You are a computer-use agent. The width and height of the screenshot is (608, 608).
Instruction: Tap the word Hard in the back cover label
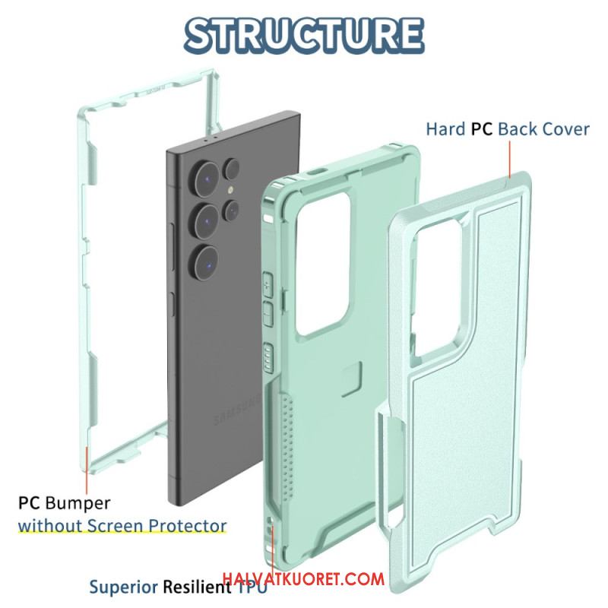(445, 129)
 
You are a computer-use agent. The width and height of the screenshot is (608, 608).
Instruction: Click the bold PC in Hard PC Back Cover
(482, 129)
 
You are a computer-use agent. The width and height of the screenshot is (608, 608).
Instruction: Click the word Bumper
(78, 503)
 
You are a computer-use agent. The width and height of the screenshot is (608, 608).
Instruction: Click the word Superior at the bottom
(124, 587)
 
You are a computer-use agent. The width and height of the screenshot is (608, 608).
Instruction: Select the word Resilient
(197, 587)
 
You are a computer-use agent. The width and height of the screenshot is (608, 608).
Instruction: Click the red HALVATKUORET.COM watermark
(303, 579)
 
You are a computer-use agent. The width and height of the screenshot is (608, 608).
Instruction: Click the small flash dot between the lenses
(231, 190)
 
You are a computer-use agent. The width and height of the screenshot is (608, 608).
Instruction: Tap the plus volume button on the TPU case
(268, 285)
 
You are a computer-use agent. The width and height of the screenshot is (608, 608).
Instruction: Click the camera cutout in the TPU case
(322, 264)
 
